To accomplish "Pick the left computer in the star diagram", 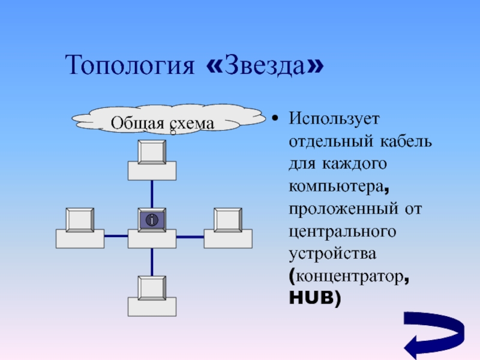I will point(80,229).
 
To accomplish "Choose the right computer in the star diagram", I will point(228,229).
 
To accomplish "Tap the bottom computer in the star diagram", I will point(152,296).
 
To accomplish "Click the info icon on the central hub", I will point(152,220).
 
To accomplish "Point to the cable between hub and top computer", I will point(152,194).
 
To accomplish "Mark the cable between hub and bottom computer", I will point(152,262).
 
